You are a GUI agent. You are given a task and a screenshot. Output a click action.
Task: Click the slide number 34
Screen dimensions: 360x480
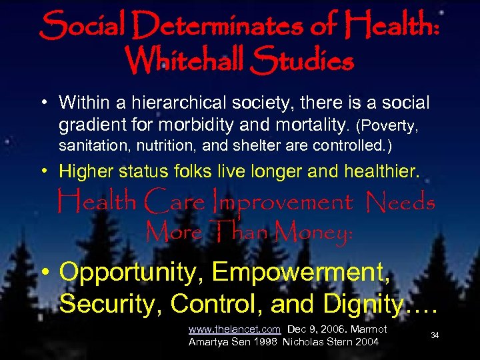435,335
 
